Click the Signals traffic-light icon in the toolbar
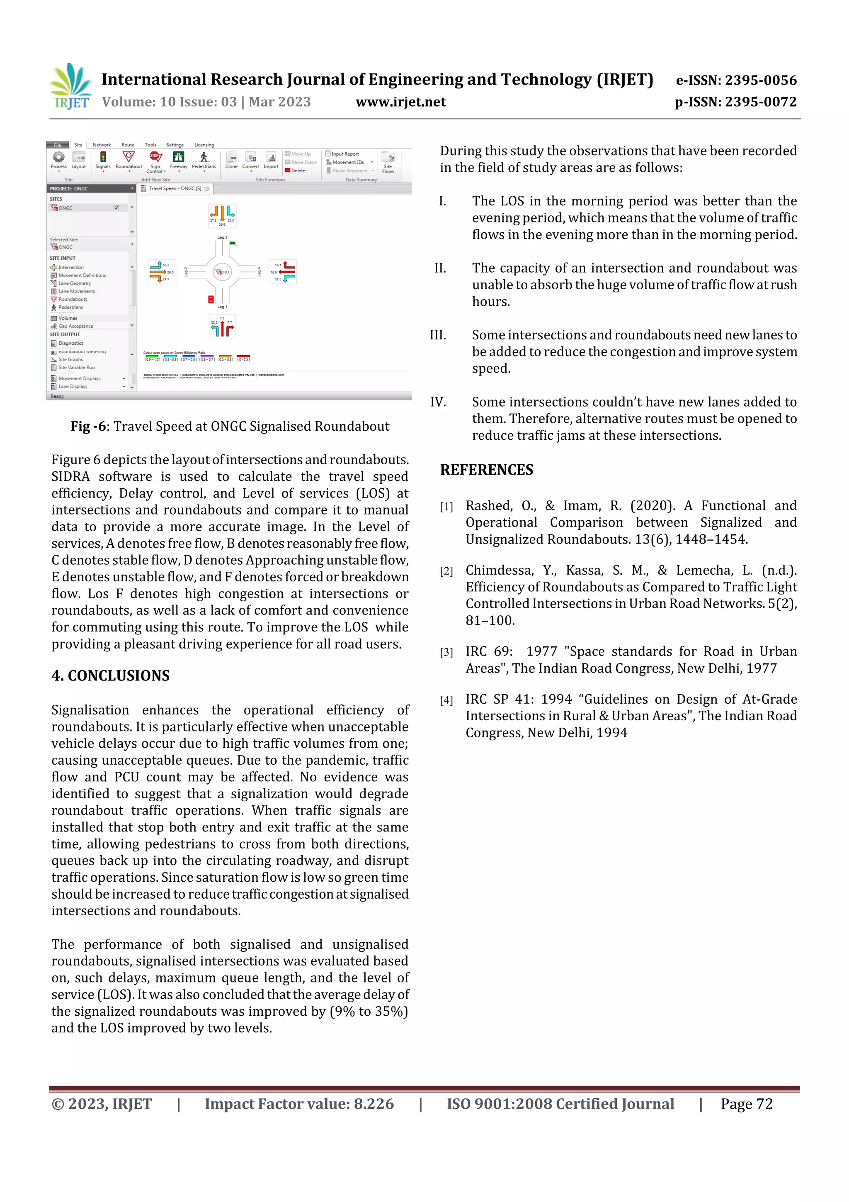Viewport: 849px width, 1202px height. point(103,157)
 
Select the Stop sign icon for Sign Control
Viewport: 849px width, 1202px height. point(155,156)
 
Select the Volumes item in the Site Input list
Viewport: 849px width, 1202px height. point(68,318)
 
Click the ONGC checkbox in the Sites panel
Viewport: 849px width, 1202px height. point(116,208)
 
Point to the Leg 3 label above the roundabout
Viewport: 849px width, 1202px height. point(222,238)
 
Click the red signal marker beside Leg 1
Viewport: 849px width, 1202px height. point(211,299)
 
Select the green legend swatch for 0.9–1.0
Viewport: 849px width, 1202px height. point(152,356)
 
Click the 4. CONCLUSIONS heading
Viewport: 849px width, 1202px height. point(110,676)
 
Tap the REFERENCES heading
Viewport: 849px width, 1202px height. point(487,470)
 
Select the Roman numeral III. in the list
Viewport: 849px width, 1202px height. point(438,335)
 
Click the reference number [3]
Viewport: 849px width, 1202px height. point(446,652)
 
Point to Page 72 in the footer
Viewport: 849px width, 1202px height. point(747,1104)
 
